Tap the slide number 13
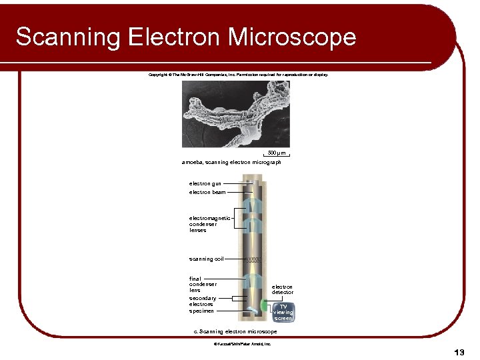pos(459,351)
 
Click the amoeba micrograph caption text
pos(231,162)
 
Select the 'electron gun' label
pos(205,183)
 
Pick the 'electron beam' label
pos(207,192)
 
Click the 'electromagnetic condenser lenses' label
pos(209,224)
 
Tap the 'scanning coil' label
pos(206,259)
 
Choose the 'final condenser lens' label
pos(203,285)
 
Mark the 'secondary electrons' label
pos(203,301)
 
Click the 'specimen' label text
pos(201,311)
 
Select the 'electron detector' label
pos(282,289)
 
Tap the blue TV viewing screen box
pos(283,312)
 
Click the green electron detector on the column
pos(263,305)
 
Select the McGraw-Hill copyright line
pos(238,75)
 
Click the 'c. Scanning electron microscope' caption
pos(235,331)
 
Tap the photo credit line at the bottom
pos(241,344)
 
